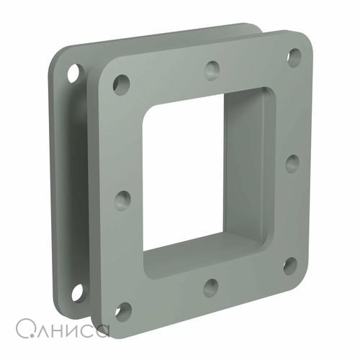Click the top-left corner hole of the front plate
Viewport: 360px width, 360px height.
pos(122,85)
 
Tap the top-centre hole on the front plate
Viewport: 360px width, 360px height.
pos(212,71)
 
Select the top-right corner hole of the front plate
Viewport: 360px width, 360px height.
pos(294,58)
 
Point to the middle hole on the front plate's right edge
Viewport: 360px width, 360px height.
pos(292,163)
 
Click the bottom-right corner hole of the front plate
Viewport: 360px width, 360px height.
pos(290,266)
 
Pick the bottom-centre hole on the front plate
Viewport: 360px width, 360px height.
pos(211,288)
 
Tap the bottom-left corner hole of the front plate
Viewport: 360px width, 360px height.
pos(123,312)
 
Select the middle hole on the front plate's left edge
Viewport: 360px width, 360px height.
pos(122,201)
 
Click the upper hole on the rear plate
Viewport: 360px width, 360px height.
pos(76,73)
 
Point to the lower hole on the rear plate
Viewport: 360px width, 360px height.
pos(78,292)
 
